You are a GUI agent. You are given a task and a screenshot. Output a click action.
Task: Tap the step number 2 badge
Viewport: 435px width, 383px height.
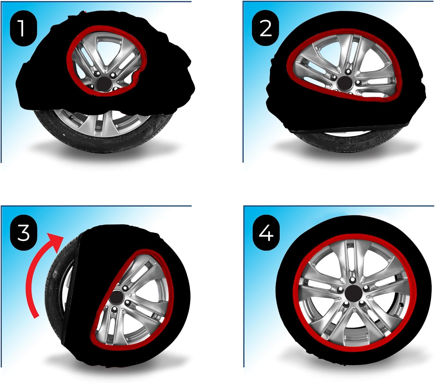pyautogui.click(x=265, y=28)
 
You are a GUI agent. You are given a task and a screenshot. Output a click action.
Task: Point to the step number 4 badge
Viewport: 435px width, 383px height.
pyautogui.click(x=266, y=233)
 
